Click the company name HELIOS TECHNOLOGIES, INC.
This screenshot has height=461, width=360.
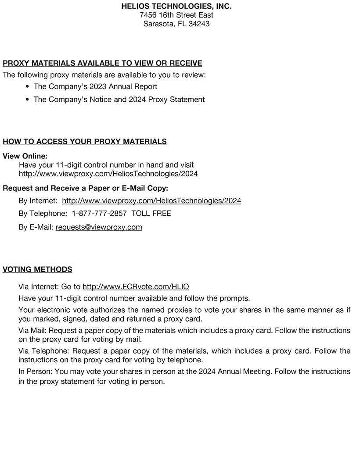point(176,7)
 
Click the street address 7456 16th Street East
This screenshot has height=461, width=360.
point(176,15)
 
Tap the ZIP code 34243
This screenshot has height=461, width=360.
point(199,24)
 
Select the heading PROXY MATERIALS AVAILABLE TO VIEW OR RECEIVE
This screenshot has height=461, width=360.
point(102,63)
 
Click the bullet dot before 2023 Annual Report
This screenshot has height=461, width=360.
point(28,87)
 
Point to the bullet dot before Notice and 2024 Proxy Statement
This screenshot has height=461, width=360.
point(28,100)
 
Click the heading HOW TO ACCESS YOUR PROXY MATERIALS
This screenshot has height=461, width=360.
point(85,142)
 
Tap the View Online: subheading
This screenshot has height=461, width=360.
point(25,156)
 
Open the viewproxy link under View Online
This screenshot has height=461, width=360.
point(108,174)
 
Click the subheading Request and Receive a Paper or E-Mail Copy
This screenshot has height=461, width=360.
point(86,188)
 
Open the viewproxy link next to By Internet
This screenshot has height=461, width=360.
point(151,201)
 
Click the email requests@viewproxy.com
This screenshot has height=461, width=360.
point(99,227)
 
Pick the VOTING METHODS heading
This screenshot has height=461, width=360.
point(37,269)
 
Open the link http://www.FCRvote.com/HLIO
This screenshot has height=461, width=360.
point(136,287)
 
